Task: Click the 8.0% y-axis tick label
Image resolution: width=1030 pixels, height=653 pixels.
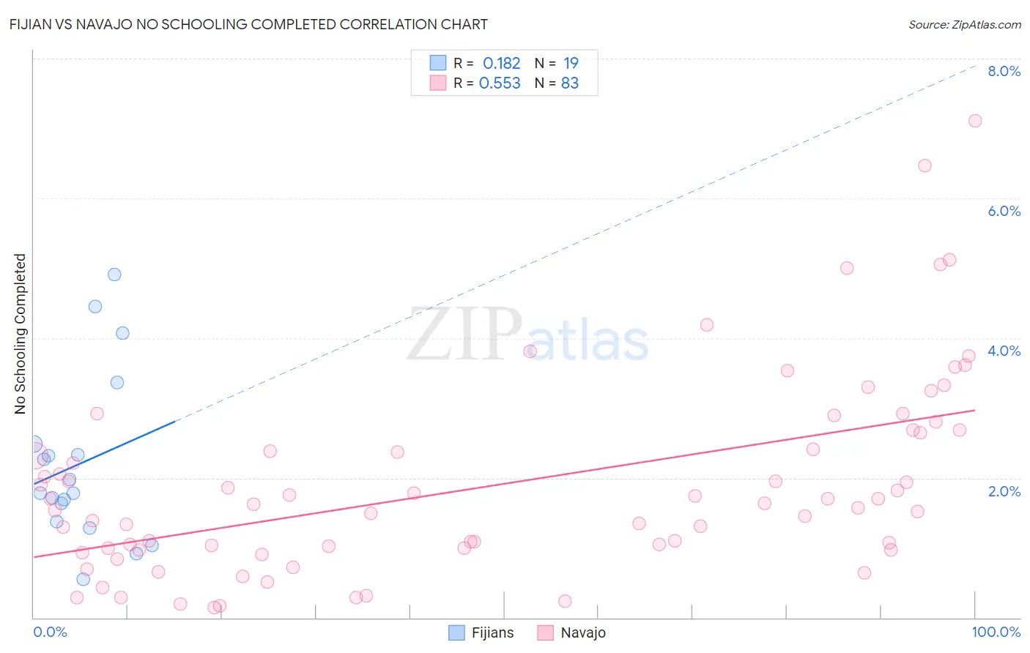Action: tap(1004, 71)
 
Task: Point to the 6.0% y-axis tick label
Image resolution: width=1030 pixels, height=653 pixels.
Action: tap(1004, 211)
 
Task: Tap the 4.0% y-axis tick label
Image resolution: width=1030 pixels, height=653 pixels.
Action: tap(1004, 351)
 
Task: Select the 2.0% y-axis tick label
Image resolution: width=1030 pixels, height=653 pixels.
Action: tap(1004, 491)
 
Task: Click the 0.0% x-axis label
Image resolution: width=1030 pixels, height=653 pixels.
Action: tap(50, 632)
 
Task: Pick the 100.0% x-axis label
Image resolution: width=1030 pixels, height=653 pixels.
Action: tap(996, 632)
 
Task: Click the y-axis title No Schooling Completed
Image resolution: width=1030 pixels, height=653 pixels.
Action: tap(21, 334)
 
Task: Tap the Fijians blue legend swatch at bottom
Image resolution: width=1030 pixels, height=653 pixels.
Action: tap(456, 633)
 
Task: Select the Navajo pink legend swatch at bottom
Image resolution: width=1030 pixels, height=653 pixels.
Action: tap(545, 633)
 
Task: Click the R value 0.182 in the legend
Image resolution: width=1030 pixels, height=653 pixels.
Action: tap(501, 64)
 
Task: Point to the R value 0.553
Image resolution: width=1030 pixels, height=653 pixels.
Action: tap(500, 83)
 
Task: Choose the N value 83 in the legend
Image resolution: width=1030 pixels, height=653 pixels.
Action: tap(570, 83)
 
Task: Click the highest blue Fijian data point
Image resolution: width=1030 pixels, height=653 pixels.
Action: tap(114, 275)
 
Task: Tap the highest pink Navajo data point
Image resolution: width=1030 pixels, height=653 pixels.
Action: tap(975, 121)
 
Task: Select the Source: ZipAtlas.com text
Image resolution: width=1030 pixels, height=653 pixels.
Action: tap(965, 25)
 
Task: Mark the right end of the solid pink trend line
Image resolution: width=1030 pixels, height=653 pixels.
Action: tap(975, 410)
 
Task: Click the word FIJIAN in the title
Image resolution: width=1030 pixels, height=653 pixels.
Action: tap(32, 24)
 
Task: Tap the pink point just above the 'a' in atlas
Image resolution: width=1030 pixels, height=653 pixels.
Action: tap(530, 351)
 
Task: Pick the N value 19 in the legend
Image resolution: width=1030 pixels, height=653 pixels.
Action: tap(571, 64)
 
